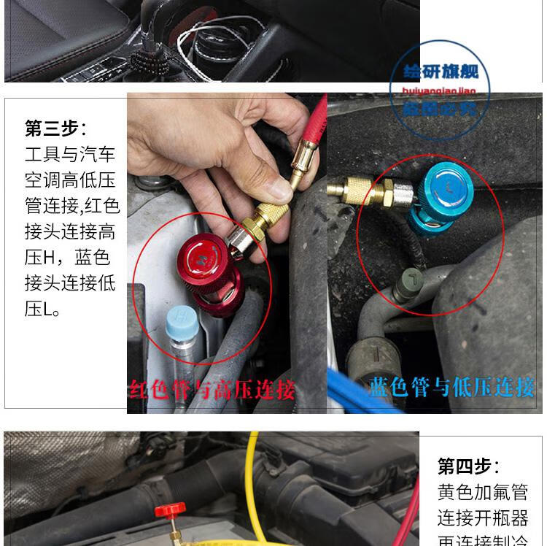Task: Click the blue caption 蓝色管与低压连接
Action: [x=451, y=386]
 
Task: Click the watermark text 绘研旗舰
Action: [x=441, y=71]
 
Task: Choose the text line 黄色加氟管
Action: [x=482, y=493]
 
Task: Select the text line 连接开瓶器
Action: [x=482, y=518]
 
